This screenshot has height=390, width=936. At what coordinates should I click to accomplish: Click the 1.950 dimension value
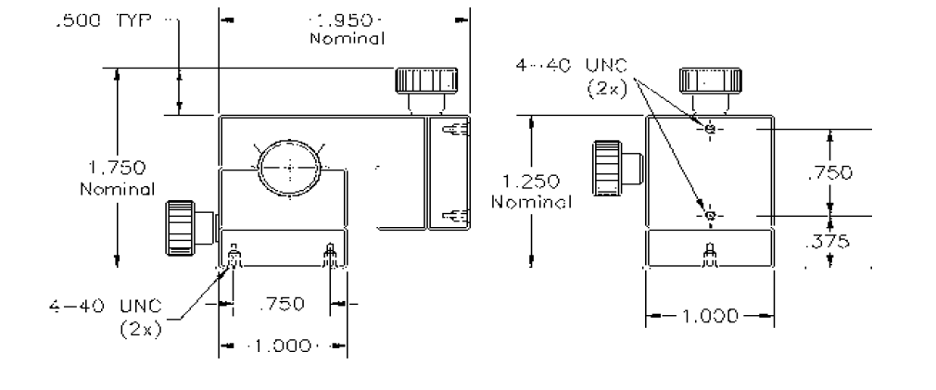(x=345, y=20)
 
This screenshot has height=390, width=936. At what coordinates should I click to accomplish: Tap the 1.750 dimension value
(x=117, y=168)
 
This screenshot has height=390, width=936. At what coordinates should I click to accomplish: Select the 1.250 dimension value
(x=531, y=181)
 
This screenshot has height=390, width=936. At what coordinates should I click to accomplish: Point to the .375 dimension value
(x=828, y=241)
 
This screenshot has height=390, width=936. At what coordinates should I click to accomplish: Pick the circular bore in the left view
(x=289, y=168)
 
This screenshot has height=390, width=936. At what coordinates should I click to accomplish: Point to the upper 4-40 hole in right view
(x=710, y=128)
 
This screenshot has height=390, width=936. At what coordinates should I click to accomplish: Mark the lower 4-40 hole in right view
(x=710, y=215)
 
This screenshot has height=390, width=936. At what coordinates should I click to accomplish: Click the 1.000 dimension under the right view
(x=710, y=316)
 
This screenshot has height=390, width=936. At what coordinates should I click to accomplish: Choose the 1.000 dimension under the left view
(x=283, y=346)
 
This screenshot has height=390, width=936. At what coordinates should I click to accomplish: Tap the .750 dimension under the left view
(x=283, y=304)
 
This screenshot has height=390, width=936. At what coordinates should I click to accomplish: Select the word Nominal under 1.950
(x=347, y=39)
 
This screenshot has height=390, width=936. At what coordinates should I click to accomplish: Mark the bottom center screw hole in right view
(x=710, y=255)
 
